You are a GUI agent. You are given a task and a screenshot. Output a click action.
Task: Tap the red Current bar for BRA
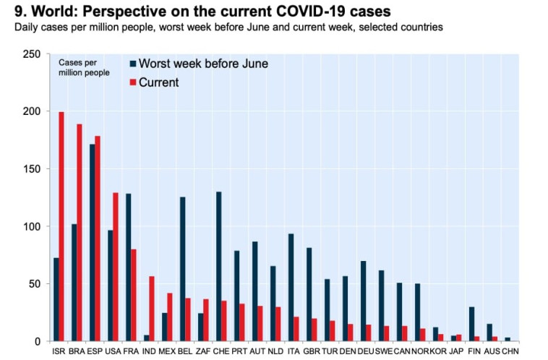(x=80, y=232)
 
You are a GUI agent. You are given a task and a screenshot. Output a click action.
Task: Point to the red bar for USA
(x=116, y=267)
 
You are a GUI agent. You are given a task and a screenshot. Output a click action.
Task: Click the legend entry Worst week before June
(x=203, y=64)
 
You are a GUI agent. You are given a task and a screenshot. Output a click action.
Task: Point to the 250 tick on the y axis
(x=31, y=54)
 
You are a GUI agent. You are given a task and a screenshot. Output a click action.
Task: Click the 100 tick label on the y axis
(x=31, y=226)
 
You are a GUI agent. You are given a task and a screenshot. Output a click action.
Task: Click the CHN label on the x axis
(x=511, y=351)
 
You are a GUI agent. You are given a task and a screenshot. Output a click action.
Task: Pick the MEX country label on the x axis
(x=167, y=351)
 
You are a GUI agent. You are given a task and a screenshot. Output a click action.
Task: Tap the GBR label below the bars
(x=312, y=351)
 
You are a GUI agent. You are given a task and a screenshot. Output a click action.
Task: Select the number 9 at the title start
(x=19, y=12)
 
